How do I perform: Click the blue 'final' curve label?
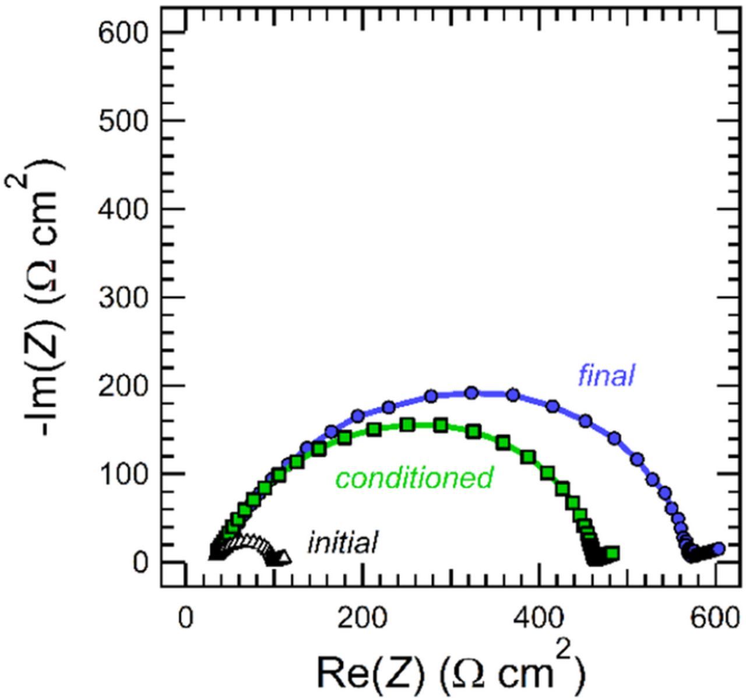click(606, 376)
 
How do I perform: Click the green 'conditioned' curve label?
click(414, 478)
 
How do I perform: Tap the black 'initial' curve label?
click(343, 543)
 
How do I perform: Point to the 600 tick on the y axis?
click(124, 33)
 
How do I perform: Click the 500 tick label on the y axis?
click(124, 121)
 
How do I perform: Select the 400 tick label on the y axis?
click(124, 209)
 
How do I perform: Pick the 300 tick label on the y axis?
click(124, 298)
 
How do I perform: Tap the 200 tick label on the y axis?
click(124, 386)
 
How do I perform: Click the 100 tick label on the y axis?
click(124, 474)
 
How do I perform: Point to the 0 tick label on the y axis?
click(139, 563)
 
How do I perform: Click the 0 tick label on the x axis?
click(185, 619)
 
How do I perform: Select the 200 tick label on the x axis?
click(362, 619)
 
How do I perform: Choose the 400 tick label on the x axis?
click(539, 619)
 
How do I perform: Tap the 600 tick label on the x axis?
click(716, 619)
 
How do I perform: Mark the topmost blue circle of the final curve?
click(472, 393)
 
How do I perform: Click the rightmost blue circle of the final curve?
click(719, 548)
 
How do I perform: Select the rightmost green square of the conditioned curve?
click(612, 553)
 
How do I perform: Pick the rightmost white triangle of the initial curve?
click(284, 558)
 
